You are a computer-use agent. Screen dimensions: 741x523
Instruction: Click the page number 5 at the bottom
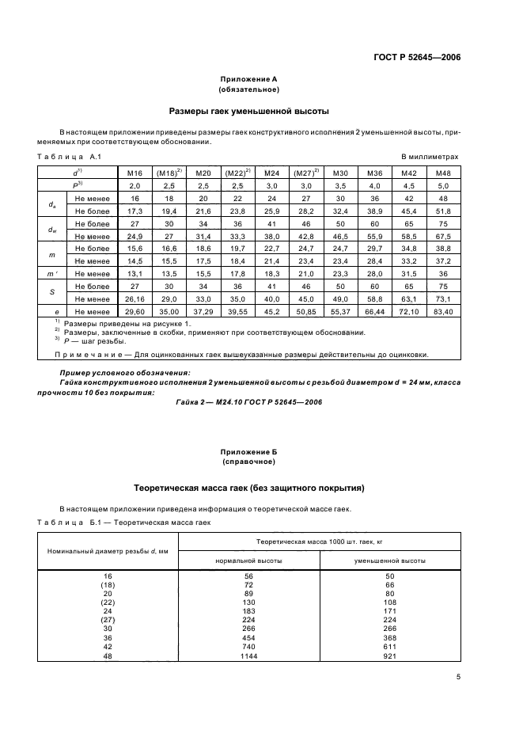[x=458, y=677]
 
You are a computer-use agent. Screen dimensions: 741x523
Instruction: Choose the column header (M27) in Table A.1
[x=305, y=172]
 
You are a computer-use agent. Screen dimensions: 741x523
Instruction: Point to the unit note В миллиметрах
[x=430, y=158]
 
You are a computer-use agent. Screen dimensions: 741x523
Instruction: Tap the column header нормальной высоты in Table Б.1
[x=248, y=560]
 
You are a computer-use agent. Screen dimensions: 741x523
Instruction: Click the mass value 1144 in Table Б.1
[x=249, y=656]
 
